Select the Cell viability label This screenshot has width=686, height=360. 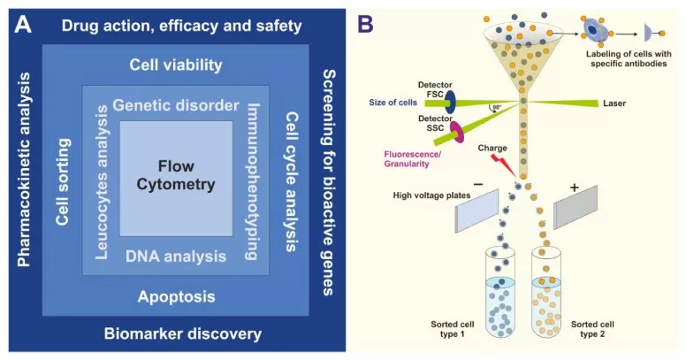175,65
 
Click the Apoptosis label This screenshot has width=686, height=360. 175,296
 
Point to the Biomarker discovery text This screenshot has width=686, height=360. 182,333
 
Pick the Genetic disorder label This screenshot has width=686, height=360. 177,105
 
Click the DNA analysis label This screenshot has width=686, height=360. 175,257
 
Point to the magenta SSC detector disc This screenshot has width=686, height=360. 459,134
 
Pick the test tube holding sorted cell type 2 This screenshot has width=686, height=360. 554,294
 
